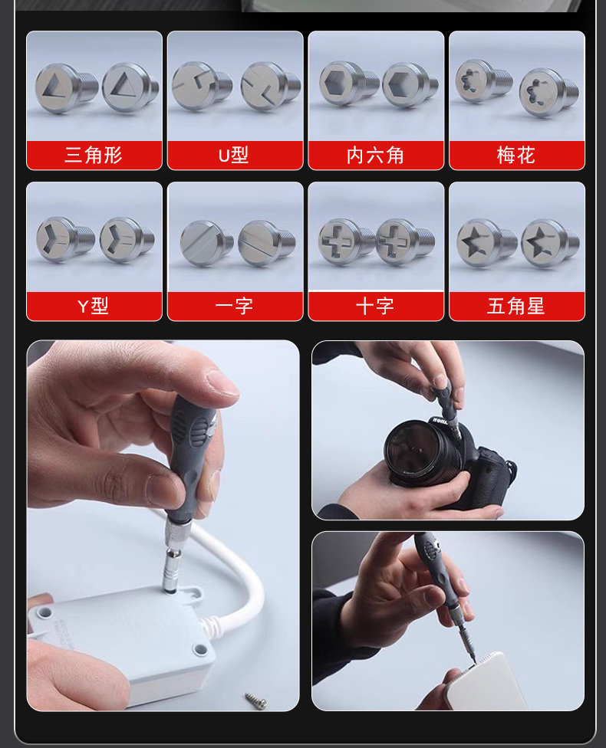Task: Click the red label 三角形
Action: [x=94, y=155]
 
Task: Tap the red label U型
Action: [x=235, y=155]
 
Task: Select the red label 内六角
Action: [x=376, y=155]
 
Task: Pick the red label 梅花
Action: [x=517, y=155]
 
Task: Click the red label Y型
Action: [x=94, y=306]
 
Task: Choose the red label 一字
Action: [x=235, y=306]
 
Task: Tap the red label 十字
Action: [x=376, y=306]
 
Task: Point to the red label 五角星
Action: [x=517, y=306]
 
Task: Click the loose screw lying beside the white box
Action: [x=256, y=700]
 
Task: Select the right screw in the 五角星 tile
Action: [x=550, y=243]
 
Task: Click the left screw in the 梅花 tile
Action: [x=483, y=81]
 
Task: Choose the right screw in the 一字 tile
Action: [x=266, y=243]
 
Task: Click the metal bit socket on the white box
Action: [x=173, y=570]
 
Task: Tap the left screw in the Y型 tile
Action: [x=64, y=239]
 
